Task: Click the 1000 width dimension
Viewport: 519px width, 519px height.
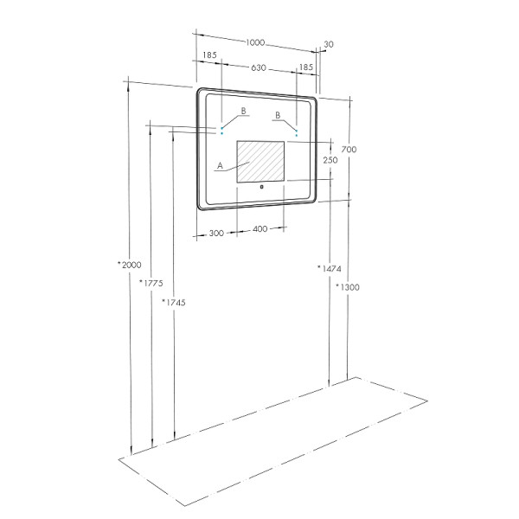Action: tap(254, 43)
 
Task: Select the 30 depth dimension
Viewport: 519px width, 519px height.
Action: tap(329, 44)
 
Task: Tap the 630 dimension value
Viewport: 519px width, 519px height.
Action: tap(258, 67)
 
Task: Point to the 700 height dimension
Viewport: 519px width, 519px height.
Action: tap(349, 150)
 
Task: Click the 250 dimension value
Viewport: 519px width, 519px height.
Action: tap(330, 160)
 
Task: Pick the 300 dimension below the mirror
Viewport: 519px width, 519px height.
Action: tap(216, 233)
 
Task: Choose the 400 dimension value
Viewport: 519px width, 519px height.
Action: tap(260, 229)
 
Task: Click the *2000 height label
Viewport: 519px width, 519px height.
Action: tap(128, 265)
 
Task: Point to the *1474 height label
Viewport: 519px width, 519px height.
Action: tap(330, 269)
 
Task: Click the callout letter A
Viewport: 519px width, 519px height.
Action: tap(221, 164)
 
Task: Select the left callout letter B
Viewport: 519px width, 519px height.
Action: tap(244, 111)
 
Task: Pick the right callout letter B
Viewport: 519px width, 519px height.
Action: tap(278, 114)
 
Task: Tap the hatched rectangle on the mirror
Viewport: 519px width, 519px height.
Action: tap(260, 161)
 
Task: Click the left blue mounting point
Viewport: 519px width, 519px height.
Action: tap(221, 132)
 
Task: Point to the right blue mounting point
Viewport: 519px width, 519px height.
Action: tap(297, 135)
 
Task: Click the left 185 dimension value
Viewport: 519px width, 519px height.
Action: tap(209, 55)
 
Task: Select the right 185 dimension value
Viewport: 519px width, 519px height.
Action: tap(305, 67)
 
